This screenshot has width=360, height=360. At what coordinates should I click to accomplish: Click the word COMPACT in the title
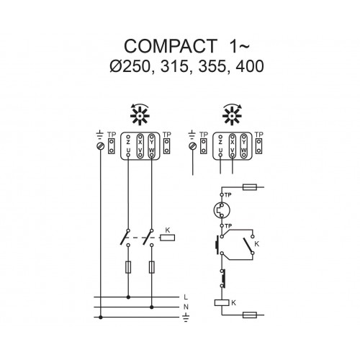[x=171, y=46]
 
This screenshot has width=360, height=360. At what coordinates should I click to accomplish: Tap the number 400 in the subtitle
[x=250, y=66]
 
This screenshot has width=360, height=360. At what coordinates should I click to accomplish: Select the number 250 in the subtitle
[x=135, y=66]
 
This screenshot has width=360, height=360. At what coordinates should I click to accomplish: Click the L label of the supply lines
[x=186, y=297]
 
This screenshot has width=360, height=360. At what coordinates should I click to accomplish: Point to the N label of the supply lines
[x=186, y=307]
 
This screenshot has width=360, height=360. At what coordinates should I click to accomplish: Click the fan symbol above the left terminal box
[x=140, y=114]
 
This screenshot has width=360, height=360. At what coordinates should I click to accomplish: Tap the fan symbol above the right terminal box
[x=232, y=114]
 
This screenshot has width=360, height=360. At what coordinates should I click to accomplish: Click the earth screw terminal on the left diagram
[x=101, y=145]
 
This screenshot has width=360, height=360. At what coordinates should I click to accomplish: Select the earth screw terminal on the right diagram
[x=193, y=145]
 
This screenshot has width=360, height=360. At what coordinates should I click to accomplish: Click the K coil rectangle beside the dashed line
[x=168, y=238]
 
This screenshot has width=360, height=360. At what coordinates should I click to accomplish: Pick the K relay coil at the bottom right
[x=222, y=303]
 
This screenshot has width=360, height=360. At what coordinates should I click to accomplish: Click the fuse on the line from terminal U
[x=128, y=267]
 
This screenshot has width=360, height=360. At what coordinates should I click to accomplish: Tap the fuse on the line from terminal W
[x=151, y=267]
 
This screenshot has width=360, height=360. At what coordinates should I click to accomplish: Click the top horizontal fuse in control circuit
[x=250, y=187]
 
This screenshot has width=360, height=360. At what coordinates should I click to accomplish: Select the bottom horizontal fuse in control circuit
[x=250, y=315]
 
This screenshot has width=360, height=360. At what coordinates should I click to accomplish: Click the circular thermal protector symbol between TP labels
[x=222, y=210]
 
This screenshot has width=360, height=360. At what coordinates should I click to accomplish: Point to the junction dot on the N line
[x=151, y=307]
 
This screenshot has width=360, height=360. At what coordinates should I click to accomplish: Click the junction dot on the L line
[x=128, y=297]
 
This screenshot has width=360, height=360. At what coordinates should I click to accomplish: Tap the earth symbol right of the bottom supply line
[x=186, y=318]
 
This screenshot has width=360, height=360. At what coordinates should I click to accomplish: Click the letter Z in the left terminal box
[x=128, y=143]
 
